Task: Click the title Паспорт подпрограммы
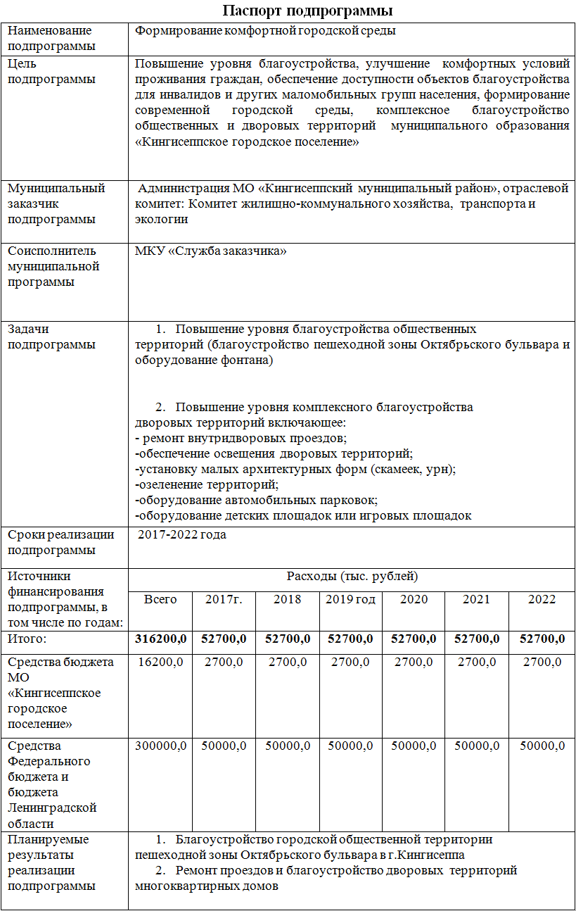tap(307, 11)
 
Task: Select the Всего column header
tap(160, 599)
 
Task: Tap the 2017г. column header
tap(224, 599)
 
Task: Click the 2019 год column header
tap(350, 599)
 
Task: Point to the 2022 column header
tap(542, 599)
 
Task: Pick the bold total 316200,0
tap(161, 639)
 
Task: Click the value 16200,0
tap(161, 662)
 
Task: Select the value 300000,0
tap(161, 746)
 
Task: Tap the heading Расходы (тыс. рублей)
tap(352, 577)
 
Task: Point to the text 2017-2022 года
tap(181, 534)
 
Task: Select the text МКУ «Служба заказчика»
tap(210, 251)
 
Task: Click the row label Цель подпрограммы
tap(51, 71)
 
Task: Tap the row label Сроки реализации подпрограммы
tap(60, 541)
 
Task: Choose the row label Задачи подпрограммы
tap(51, 337)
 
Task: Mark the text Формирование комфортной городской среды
tap(265, 31)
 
